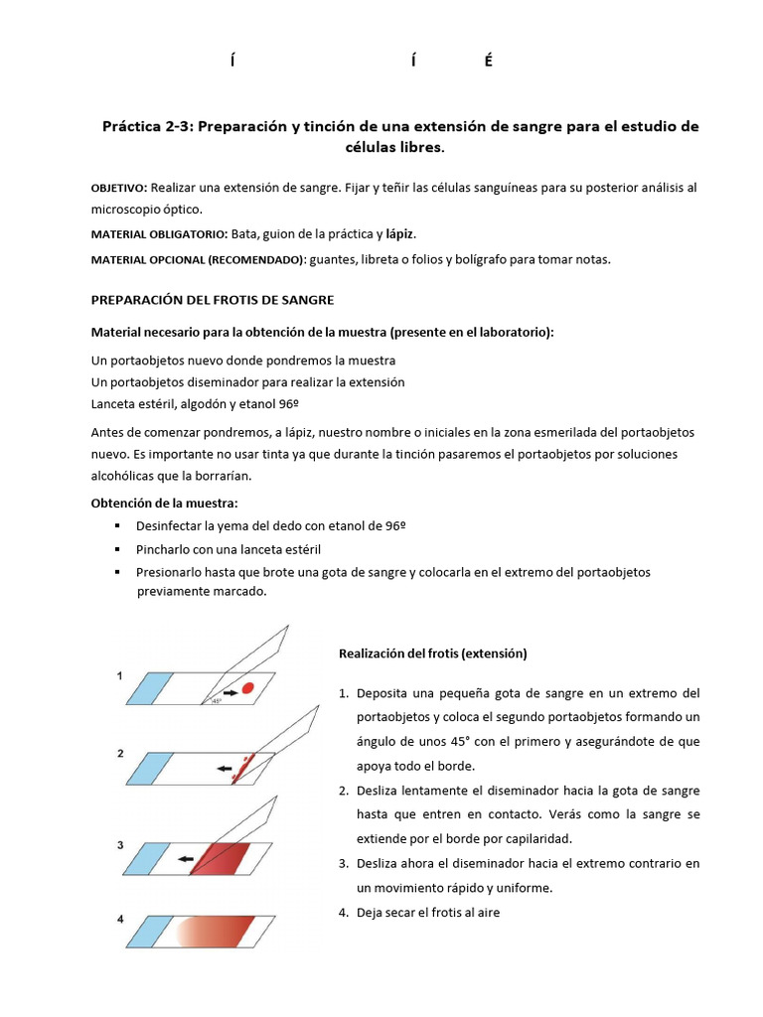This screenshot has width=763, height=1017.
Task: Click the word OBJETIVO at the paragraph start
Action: coord(118,189)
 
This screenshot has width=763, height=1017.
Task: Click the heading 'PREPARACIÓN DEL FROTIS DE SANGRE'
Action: coord(213,299)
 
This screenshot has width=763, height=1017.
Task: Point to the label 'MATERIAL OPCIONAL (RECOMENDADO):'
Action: coord(198,260)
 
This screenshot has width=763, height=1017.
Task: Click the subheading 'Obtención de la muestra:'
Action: coord(164,503)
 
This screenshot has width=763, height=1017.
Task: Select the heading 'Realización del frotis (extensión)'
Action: coord(432,654)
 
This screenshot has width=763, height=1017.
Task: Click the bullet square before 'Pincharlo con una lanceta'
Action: coord(117,549)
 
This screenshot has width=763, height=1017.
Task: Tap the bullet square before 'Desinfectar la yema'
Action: coord(117,525)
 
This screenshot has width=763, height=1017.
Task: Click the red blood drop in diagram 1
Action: coord(249,687)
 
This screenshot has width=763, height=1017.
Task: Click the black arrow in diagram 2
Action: coord(225,767)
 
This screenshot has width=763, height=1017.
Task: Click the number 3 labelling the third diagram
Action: coord(120,845)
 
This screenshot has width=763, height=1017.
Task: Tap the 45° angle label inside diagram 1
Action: coord(217,701)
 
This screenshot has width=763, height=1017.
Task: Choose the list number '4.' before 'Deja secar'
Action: coord(345,912)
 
